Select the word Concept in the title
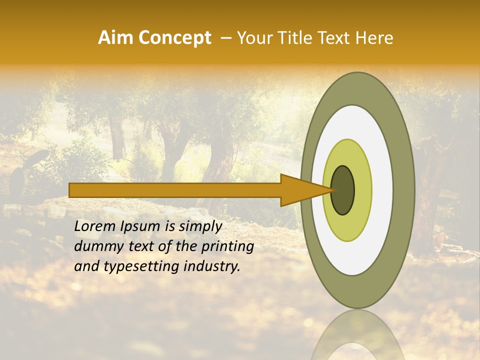point(174,38)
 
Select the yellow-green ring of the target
point(363,190)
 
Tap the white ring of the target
point(382,190)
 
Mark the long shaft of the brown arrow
point(175,190)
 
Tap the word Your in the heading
point(252,38)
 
